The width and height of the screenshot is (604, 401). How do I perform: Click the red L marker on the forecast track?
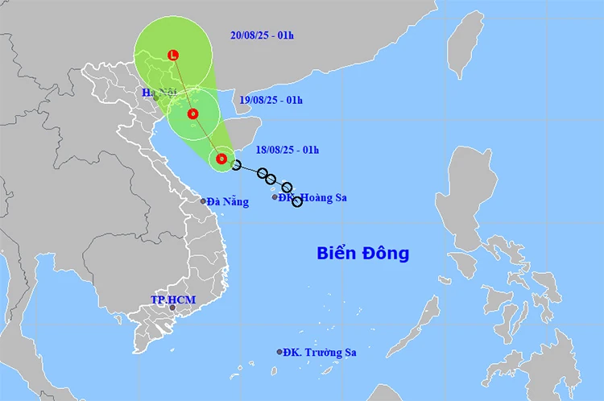tap(172, 55)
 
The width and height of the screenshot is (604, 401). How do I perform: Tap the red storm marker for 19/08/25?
tap(192, 114)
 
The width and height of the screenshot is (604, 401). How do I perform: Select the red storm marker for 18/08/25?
tap(221, 159)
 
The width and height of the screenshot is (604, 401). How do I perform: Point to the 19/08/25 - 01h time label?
tap(271, 100)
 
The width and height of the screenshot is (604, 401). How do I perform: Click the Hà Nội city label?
tap(159, 93)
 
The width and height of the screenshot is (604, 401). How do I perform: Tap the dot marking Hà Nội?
tap(157, 99)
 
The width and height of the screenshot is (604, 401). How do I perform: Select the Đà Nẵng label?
tap(228, 202)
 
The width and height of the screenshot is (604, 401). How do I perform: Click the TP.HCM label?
tap(173, 300)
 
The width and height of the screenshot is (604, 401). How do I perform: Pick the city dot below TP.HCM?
tap(172, 308)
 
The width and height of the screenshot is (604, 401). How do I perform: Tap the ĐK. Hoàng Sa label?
tap(312, 196)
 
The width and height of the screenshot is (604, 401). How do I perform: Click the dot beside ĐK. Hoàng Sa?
tap(275, 196)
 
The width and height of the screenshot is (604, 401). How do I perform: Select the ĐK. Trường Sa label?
tap(321, 352)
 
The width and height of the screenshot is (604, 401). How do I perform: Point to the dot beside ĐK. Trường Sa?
tap(279, 352)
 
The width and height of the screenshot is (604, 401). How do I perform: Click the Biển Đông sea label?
tap(362, 254)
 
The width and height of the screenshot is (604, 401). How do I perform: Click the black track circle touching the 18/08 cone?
tap(236, 165)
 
